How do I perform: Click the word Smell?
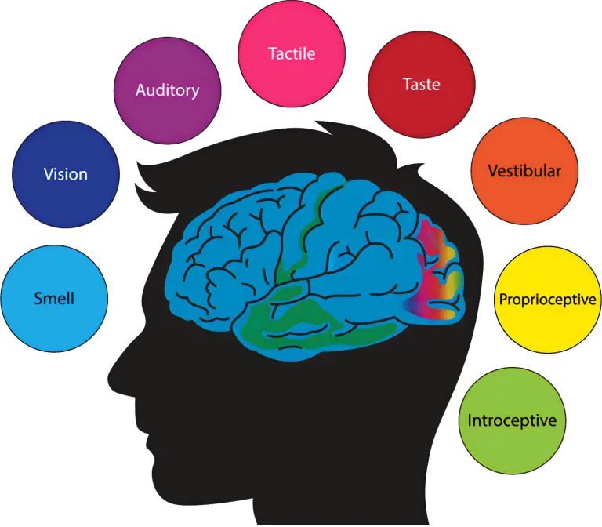point(54,298)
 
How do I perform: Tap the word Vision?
point(66,173)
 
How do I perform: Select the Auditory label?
point(167,89)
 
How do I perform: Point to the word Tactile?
point(292,53)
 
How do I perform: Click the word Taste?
point(421,84)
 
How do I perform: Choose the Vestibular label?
point(524,170)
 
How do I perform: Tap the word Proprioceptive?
point(547,300)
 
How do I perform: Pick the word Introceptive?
point(512,420)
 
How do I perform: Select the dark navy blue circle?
point(66,196)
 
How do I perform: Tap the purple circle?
point(167,114)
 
